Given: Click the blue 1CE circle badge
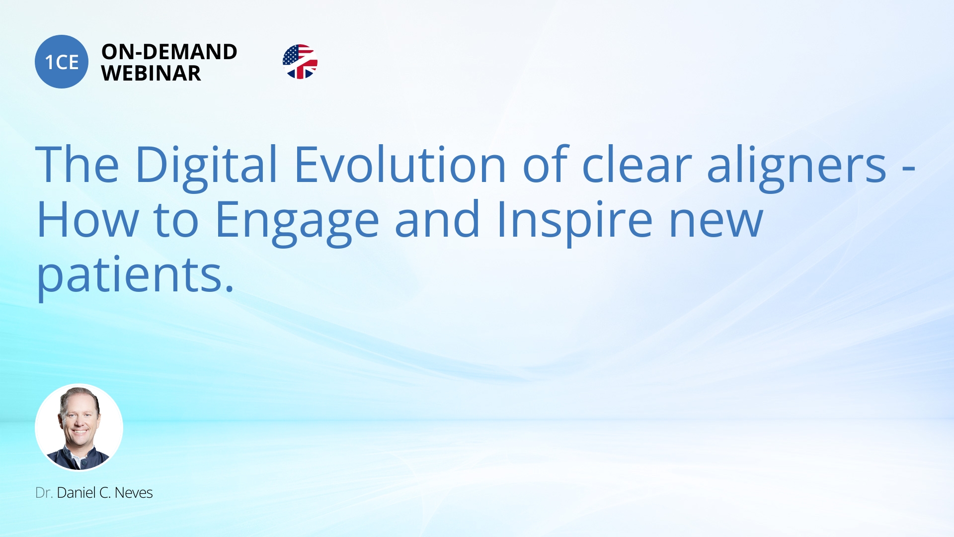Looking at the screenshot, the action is (x=62, y=62).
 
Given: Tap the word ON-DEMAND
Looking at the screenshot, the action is (x=169, y=52).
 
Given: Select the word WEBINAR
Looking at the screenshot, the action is (x=151, y=74).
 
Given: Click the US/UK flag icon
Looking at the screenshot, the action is (x=300, y=62).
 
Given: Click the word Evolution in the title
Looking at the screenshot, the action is (x=400, y=164).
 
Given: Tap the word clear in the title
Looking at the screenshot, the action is (x=636, y=164).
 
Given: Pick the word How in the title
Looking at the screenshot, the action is (x=88, y=219).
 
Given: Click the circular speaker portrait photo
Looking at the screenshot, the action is (x=79, y=427).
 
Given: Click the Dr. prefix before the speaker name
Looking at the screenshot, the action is (x=44, y=493).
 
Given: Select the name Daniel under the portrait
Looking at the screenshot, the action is (x=76, y=493).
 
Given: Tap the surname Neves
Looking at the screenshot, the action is (x=134, y=493).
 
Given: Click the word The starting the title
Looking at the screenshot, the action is (x=78, y=164).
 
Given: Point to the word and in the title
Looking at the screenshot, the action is (x=438, y=219).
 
